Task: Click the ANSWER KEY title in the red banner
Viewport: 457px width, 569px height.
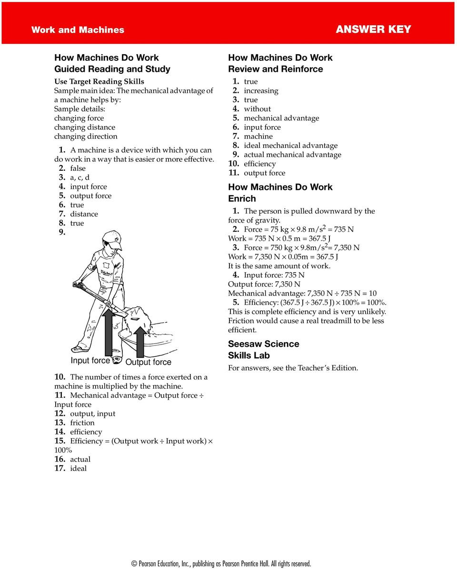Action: pyautogui.click(x=373, y=29)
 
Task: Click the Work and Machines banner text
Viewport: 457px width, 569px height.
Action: pyautogui.click(x=78, y=30)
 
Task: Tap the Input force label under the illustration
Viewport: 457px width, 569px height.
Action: pyautogui.click(x=90, y=361)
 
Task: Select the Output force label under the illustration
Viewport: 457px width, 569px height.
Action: pyautogui.click(x=148, y=363)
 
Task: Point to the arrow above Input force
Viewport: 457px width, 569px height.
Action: pyautogui.click(x=108, y=331)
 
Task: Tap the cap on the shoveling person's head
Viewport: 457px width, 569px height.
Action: pyautogui.click(x=112, y=238)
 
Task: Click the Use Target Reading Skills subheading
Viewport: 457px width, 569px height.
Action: pyautogui.click(x=99, y=81)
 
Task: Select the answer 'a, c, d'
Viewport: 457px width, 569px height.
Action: pyautogui.click(x=79, y=177)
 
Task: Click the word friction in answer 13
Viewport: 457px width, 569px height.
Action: pyautogui.click(x=82, y=422)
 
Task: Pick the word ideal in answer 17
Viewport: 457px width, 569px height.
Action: pyautogui.click(x=79, y=468)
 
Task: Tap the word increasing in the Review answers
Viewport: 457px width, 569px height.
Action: pyautogui.click(x=261, y=90)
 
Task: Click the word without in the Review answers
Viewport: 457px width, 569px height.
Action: pyautogui.click(x=257, y=109)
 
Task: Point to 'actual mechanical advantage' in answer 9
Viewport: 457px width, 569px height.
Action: pyautogui.click(x=292, y=155)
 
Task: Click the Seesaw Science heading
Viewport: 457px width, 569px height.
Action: pyautogui.click(x=263, y=344)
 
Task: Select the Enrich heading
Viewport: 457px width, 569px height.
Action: pyautogui.click(x=242, y=199)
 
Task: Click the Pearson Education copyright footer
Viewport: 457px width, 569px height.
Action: pyautogui.click(x=221, y=564)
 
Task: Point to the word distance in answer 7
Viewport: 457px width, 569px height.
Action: pyautogui.click(x=84, y=214)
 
